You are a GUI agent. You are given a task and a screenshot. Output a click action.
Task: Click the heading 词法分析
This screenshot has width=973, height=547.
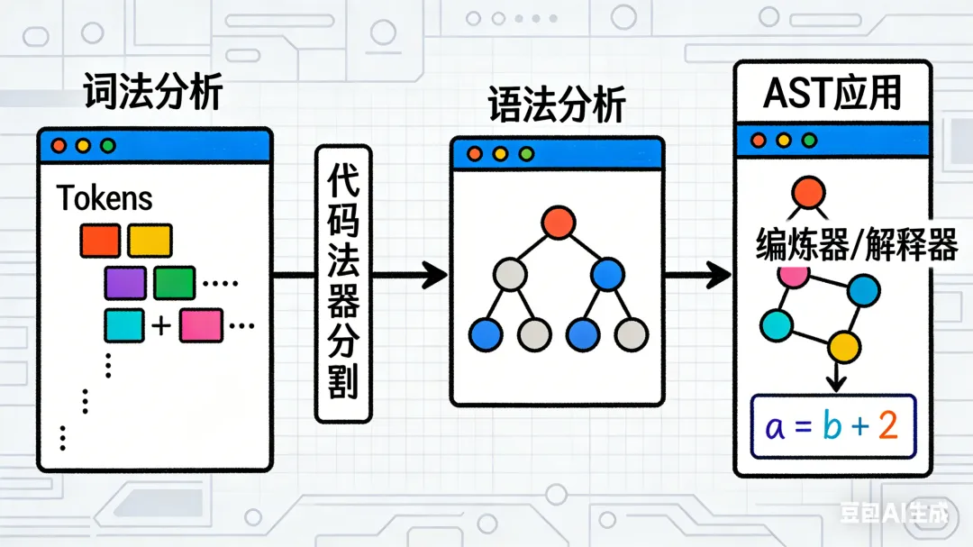click(x=152, y=92)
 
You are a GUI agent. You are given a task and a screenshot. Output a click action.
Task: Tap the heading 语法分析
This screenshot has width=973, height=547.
click(x=557, y=105)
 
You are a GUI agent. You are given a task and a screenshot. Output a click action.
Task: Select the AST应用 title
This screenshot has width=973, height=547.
click(x=832, y=92)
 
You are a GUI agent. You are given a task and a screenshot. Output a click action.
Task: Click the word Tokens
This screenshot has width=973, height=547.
click(x=105, y=198)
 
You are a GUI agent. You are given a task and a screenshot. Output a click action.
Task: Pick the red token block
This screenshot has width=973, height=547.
click(x=100, y=241)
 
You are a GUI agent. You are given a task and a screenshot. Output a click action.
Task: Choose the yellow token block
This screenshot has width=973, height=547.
click(x=150, y=241)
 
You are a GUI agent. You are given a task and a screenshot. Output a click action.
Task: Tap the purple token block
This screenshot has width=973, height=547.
click(x=125, y=283)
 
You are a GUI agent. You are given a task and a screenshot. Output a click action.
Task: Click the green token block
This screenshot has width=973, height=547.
click(x=175, y=283)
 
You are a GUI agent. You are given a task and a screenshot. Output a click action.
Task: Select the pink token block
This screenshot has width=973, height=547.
click(x=201, y=325)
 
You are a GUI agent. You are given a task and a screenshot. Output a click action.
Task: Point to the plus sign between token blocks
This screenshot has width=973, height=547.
click(x=161, y=325)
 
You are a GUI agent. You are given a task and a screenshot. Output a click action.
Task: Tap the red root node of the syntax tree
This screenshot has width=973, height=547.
click(x=559, y=222)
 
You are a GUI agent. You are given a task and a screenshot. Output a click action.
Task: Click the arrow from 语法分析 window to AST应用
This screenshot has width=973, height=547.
click(x=698, y=274)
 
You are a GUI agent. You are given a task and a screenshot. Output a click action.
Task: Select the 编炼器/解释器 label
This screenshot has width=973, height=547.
click(x=856, y=245)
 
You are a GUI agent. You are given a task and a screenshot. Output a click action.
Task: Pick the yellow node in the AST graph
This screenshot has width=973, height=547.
click(x=844, y=345)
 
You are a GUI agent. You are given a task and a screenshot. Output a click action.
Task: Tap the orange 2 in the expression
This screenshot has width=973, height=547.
click(x=888, y=426)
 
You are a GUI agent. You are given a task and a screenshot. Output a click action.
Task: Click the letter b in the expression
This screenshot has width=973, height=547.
click(x=831, y=426)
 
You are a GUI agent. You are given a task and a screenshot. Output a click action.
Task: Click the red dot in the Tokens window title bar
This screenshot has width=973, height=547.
click(x=59, y=145)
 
